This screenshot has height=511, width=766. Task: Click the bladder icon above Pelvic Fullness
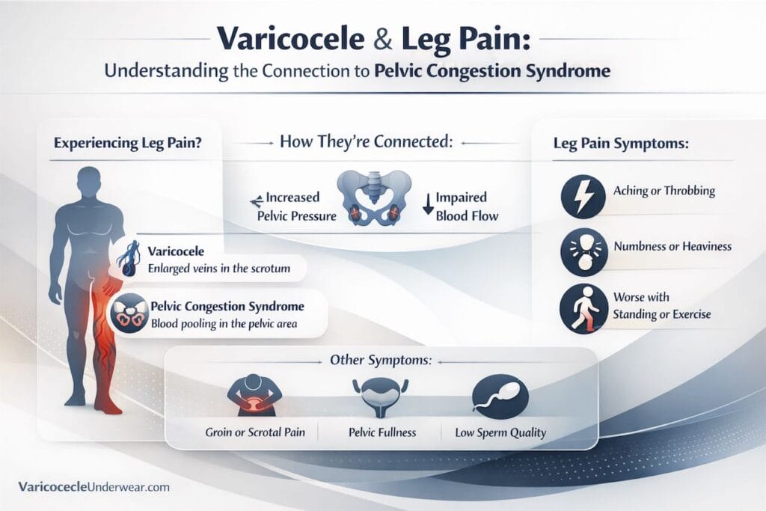click(x=382, y=397)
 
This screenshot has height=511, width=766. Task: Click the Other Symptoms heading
click(x=380, y=360)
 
